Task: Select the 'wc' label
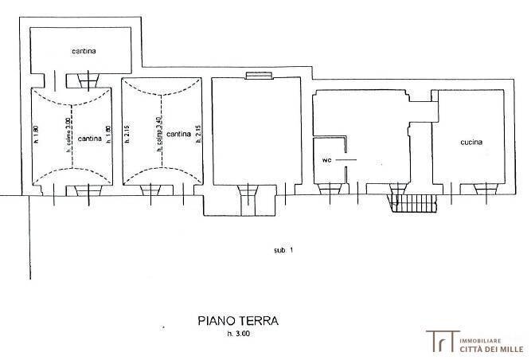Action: coord(326,159)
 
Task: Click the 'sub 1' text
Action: coord(283,250)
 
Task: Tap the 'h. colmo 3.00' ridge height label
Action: coord(69,131)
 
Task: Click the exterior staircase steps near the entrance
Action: coord(414,205)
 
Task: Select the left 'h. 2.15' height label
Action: coord(127,135)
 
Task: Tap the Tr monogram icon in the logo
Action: coord(438,340)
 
